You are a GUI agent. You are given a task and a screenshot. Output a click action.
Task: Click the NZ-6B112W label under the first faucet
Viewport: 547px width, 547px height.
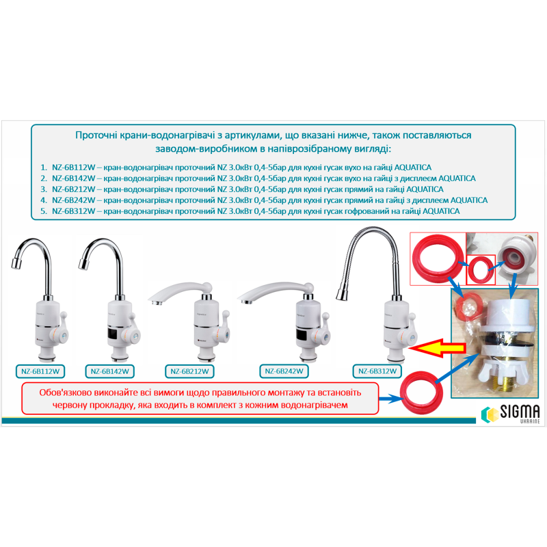click(x=40, y=371)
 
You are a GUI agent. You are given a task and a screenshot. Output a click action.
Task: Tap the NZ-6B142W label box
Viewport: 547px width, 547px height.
click(x=110, y=371)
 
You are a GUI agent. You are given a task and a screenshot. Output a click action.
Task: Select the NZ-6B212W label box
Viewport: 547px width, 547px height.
click(x=189, y=371)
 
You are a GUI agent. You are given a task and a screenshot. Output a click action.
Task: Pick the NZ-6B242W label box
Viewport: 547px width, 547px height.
click(x=284, y=371)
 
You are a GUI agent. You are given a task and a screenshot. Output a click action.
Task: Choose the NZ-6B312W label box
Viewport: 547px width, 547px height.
click(x=377, y=371)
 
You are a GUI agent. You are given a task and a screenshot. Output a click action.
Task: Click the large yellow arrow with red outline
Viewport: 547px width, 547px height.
click(x=438, y=347)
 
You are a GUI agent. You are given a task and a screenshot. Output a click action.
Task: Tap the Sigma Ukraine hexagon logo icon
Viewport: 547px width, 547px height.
click(x=490, y=414)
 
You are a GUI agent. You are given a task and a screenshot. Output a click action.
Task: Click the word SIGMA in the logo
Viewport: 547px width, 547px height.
click(x=520, y=412)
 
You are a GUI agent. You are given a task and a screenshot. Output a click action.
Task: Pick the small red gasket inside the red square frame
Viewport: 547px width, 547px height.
click(x=481, y=269)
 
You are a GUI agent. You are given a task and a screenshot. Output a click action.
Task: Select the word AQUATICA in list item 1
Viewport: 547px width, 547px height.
click(x=413, y=168)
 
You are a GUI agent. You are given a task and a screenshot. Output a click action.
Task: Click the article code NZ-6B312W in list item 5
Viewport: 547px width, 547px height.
click(x=74, y=211)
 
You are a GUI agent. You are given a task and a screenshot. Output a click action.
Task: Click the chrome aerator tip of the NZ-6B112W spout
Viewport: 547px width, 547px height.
click(x=16, y=263)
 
